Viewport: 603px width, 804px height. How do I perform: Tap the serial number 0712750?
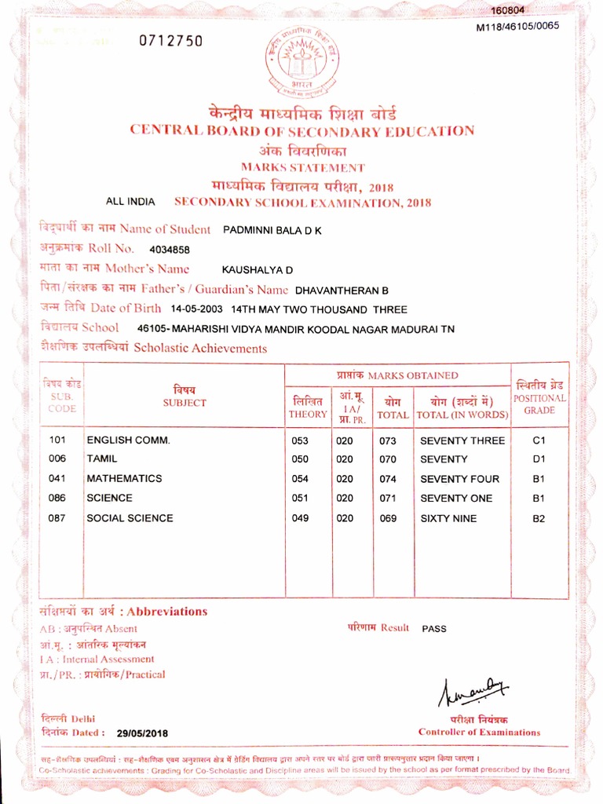coord(170,42)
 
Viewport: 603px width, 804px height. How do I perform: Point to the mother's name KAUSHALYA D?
coord(258,270)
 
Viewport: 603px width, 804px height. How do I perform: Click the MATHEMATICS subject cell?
coord(124,478)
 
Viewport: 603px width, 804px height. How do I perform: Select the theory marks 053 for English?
coord(300,440)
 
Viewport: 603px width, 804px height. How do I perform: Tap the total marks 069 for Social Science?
coord(389,518)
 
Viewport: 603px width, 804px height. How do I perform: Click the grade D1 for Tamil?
coord(539,459)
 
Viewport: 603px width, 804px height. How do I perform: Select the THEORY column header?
coord(307,407)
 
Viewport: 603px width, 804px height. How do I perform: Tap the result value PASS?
coord(434,629)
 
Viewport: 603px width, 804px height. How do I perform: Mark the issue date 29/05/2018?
coord(142,733)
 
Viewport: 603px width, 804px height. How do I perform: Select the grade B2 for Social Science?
coord(539,518)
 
